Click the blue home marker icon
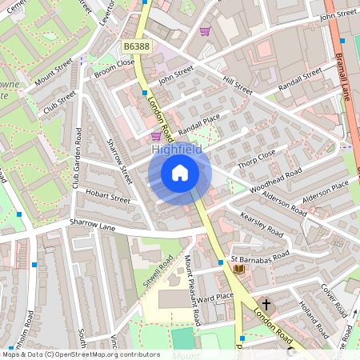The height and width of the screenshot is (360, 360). (180, 173)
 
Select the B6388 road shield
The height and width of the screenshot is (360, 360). (137, 47)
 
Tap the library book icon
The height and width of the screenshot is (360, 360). (238, 269)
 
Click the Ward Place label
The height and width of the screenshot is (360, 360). (214, 297)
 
